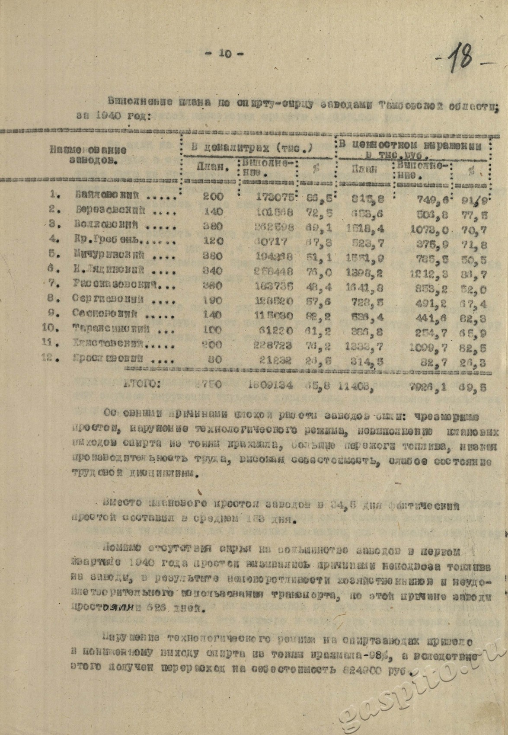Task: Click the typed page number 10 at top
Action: point(224,53)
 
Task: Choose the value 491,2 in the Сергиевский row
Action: point(428,300)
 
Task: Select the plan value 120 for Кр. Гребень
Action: point(213,241)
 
